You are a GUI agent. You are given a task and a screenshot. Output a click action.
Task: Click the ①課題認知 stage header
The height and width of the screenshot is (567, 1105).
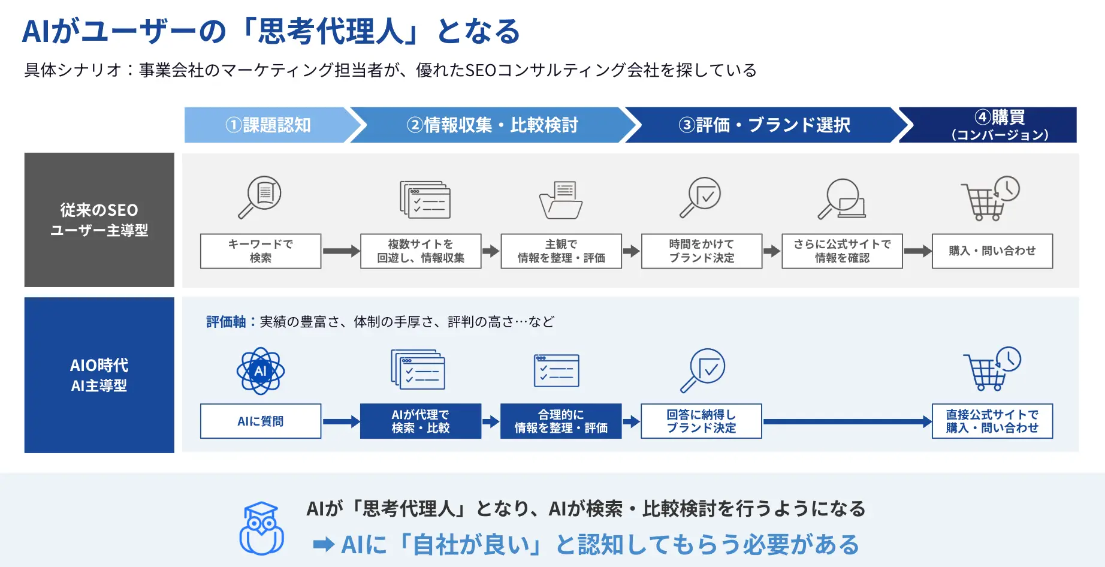coord(268,125)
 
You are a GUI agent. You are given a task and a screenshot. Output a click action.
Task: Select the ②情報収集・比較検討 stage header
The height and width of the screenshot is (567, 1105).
coord(493,125)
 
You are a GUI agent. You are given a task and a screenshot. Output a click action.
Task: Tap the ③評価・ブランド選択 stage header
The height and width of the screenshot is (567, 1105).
coord(765,125)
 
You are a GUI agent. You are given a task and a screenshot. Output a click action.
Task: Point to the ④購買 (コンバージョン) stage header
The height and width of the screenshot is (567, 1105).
coord(995,125)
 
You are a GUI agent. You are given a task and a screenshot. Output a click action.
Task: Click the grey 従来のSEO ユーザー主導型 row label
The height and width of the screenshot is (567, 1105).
coord(99,220)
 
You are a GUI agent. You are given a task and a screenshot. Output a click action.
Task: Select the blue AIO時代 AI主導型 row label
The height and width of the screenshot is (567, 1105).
coord(99,375)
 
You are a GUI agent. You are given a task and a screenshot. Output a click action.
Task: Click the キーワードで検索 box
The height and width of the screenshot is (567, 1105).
coord(261,251)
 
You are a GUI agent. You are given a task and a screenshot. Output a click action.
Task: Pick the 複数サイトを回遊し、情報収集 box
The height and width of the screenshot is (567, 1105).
coord(421,251)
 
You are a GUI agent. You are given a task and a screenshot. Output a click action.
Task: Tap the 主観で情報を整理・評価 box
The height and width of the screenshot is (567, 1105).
coord(561,251)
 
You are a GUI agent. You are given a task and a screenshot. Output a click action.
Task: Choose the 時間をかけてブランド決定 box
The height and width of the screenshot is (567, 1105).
coord(702,251)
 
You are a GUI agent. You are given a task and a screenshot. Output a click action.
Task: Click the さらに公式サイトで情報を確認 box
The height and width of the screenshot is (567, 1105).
coord(842,251)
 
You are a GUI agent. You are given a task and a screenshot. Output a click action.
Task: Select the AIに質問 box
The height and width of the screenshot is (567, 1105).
coord(261,421)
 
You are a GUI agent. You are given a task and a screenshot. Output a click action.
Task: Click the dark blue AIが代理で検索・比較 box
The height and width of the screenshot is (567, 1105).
coord(421,421)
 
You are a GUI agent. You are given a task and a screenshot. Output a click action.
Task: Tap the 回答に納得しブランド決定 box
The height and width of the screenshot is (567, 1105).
coord(702,421)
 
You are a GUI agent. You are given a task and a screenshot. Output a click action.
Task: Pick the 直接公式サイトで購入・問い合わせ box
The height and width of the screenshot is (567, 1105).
coord(992,421)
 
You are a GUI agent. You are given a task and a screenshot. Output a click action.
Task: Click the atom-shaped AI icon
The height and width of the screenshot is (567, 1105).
coord(261,371)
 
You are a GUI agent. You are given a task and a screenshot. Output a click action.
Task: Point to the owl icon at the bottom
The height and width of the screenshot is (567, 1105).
coord(261,529)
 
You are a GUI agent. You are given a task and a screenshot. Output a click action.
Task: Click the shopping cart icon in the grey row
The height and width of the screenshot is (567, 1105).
coord(990,198)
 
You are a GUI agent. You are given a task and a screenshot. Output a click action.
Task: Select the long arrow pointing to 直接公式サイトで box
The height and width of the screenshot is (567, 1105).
coord(847,421)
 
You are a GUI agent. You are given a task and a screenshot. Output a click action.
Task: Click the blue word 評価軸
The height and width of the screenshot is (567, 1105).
coord(226,322)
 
